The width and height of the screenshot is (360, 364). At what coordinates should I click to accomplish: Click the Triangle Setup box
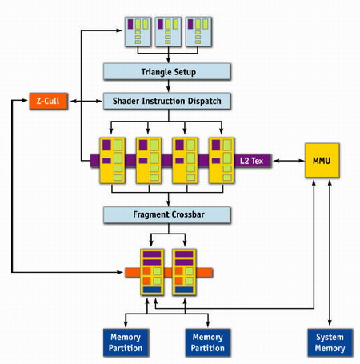[167, 71]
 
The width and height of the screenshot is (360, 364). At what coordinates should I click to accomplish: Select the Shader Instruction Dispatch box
[167, 101]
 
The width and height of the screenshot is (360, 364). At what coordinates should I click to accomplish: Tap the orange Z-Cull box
[48, 101]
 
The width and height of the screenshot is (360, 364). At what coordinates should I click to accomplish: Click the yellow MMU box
[322, 160]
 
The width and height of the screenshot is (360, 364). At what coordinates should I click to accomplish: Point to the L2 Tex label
[251, 161]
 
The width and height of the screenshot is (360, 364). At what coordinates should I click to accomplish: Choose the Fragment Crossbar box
[167, 214]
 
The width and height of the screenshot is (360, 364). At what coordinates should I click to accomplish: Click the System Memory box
[330, 342]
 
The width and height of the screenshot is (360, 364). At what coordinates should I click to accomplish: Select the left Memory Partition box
[126, 342]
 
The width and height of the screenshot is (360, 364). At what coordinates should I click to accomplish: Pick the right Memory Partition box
[208, 342]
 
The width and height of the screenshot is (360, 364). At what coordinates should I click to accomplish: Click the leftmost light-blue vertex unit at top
[138, 32]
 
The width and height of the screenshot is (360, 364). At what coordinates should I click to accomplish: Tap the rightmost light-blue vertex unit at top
[198, 32]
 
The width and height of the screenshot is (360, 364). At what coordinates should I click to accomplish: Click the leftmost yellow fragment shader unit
[112, 161]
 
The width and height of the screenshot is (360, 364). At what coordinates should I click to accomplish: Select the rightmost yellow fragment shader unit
[222, 161]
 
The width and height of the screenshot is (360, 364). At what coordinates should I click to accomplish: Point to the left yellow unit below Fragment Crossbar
[152, 272]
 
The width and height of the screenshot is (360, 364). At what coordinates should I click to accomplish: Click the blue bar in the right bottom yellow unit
[184, 290]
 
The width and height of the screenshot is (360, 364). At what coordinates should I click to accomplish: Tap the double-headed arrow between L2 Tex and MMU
[289, 161]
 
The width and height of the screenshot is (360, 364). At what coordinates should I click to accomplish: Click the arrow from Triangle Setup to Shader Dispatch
[168, 86]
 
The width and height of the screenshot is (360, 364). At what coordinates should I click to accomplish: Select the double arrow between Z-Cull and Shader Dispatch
[86, 101]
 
